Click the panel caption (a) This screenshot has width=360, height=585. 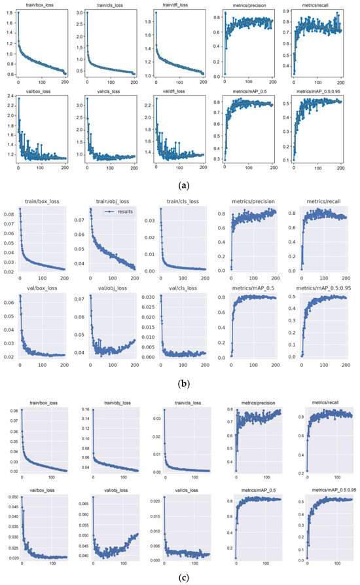click(x=180, y=185)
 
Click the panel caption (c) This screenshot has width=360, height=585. click(x=180, y=577)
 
